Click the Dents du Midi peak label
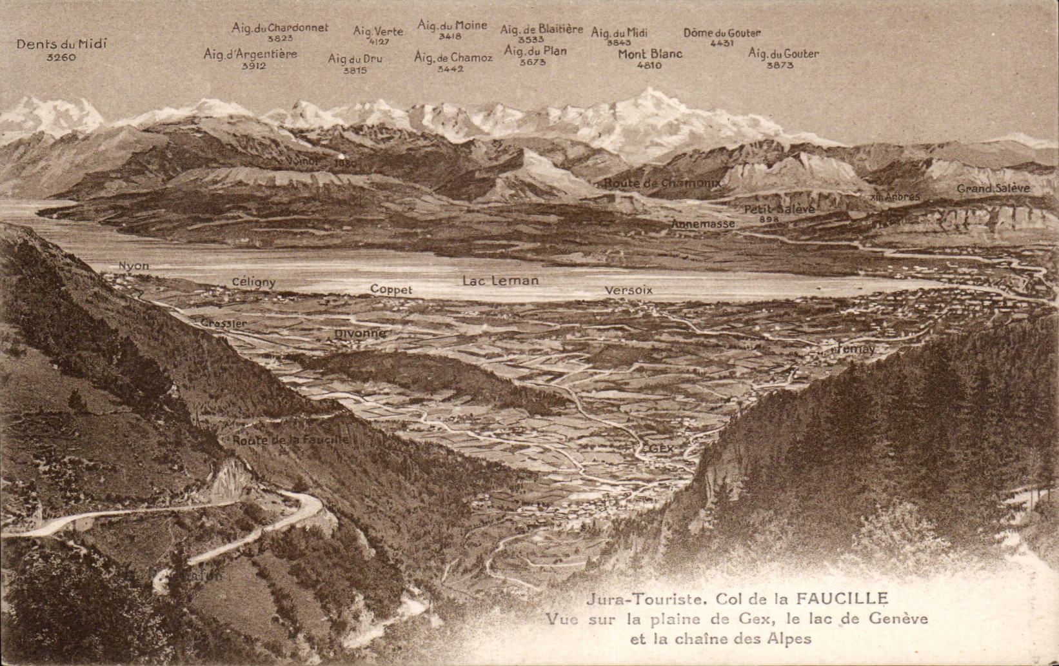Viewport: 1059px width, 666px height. tap(61, 44)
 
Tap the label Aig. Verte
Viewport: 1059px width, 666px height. tap(378, 31)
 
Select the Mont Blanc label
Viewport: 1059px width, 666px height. tap(650, 54)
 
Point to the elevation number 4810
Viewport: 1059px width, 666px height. tap(649, 65)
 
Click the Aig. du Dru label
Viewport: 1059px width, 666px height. tap(355, 59)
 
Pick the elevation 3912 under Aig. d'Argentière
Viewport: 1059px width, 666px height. tap(253, 66)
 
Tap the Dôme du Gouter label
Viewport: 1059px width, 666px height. tap(722, 32)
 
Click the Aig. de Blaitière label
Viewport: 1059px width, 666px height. tap(542, 29)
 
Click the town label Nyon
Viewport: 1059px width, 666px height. tap(134, 266)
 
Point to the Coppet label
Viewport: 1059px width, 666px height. tap(391, 290)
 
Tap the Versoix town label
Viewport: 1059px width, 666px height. tap(629, 290)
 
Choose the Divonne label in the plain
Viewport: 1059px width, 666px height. tap(360, 334)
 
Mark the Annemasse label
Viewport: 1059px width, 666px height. tap(703, 224)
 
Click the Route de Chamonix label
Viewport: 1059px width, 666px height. tap(662, 183)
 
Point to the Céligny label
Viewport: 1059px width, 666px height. tap(253, 282)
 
